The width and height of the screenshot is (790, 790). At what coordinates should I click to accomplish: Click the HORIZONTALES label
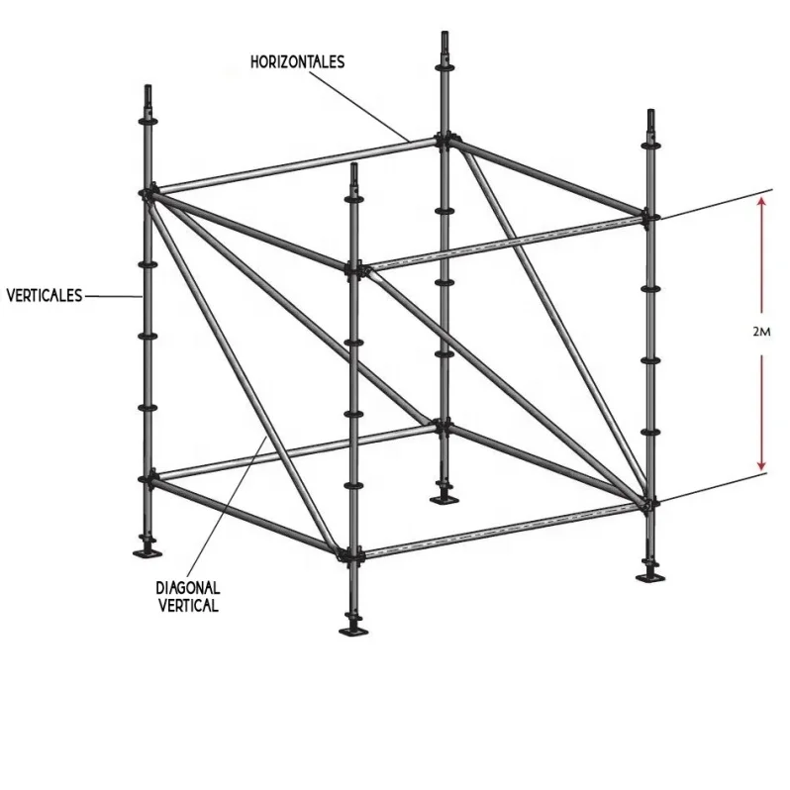point(297,61)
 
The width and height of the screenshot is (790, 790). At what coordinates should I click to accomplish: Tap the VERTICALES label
point(44,294)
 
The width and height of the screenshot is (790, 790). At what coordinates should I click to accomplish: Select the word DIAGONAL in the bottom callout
point(188,588)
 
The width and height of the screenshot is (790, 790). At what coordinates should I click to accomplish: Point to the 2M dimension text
point(761,333)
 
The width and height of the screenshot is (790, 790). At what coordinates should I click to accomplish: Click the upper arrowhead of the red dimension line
point(761,202)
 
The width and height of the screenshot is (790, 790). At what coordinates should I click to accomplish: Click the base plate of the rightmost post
point(651,575)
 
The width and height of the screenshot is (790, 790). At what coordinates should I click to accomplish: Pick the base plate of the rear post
point(443,495)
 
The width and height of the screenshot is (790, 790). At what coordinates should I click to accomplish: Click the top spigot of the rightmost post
point(650,122)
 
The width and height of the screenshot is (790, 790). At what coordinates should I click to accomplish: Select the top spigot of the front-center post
point(353,176)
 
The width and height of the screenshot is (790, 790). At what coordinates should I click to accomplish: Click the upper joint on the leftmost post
point(148,192)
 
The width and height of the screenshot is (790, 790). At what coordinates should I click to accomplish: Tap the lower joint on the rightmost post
point(650,505)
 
